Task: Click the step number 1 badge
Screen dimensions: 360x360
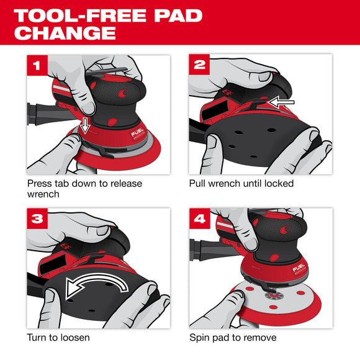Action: click(x=38, y=65)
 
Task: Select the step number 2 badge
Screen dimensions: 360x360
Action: click(x=200, y=65)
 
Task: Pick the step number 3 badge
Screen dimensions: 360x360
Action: click(x=38, y=219)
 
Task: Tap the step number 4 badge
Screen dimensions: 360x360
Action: click(x=200, y=219)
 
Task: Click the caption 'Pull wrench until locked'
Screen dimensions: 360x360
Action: click(x=241, y=184)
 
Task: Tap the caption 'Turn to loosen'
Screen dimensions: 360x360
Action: click(x=59, y=338)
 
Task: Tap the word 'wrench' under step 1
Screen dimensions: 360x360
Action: click(x=43, y=194)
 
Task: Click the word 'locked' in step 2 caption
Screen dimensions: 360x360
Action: click(x=278, y=184)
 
